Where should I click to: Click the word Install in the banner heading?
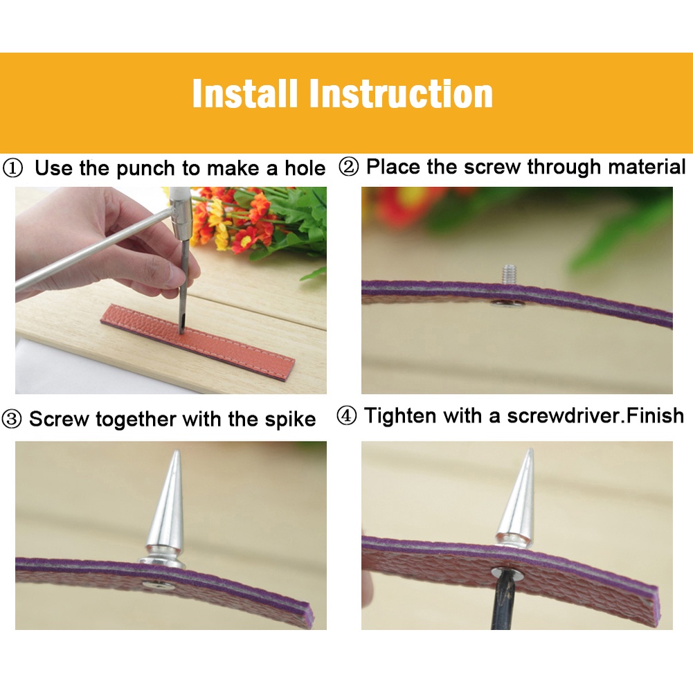[x=244, y=93]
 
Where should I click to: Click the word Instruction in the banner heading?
[x=401, y=93]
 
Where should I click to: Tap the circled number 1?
[x=12, y=168]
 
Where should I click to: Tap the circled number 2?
[x=349, y=168]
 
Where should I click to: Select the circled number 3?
[x=12, y=419]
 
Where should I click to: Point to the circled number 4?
[x=346, y=416]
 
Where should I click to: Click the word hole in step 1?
[x=305, y=168]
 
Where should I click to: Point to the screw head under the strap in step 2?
[x=505, y=303]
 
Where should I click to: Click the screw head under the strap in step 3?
[x=157, y=585]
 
